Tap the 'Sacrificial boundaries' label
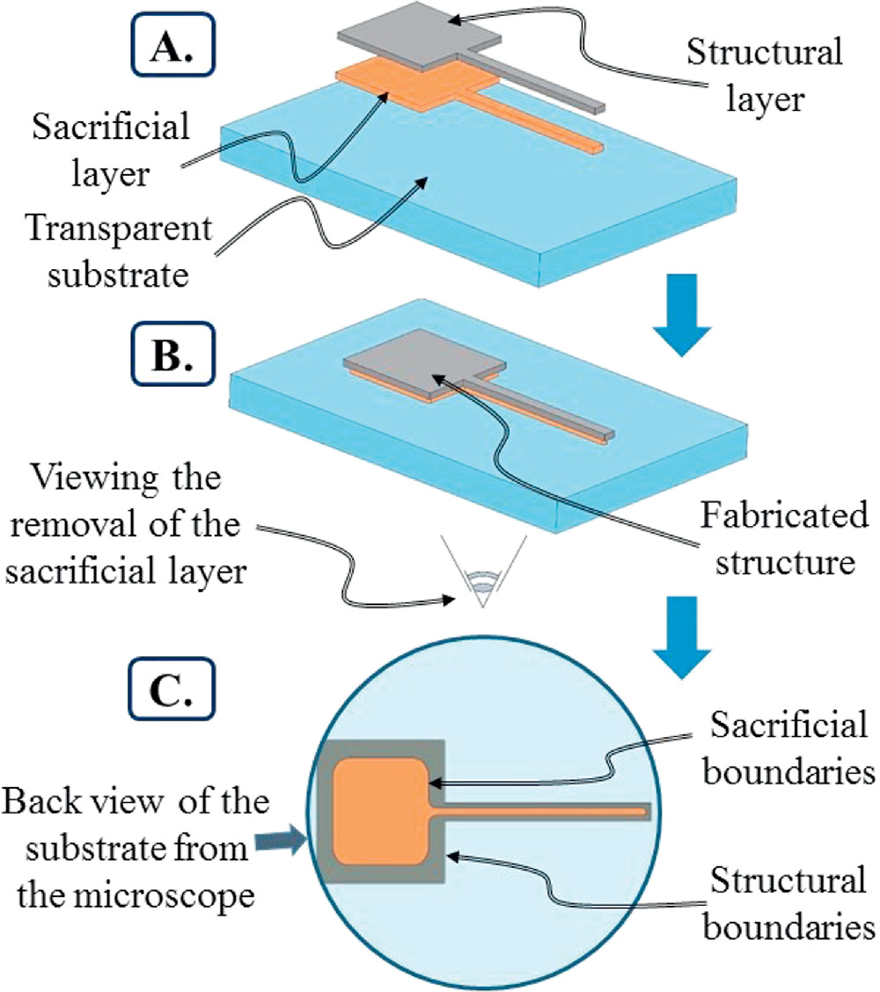(784, 748)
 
